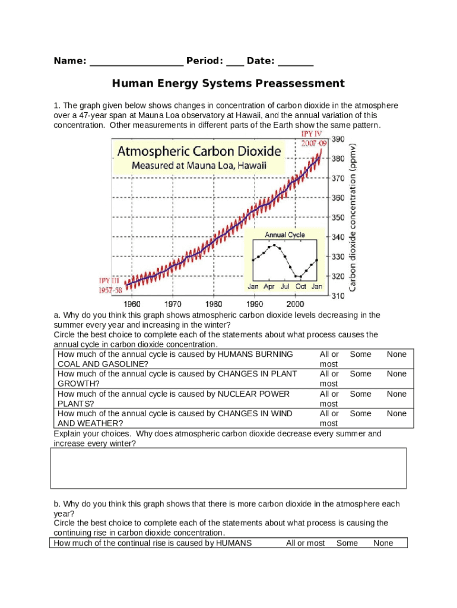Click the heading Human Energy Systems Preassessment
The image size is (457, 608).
[x=228, y=83]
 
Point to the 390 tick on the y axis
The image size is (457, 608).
[x=338, y=139]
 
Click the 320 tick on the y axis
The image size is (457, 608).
[x=338, y=276]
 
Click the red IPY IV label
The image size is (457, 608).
[x=311, y=134]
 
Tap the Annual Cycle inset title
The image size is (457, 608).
[x=285, y=235]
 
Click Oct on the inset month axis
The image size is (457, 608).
[x=301, y=286]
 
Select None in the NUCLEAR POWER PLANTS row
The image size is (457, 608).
[x=396, y=394]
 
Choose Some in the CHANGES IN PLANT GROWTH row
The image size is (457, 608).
[x=360, y=374]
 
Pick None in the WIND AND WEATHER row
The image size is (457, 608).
[x=396, y=413]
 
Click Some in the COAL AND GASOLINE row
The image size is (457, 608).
[x=360, y=354]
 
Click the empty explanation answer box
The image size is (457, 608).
[x=228, y=468]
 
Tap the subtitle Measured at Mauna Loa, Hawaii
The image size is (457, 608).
[x=199, y=166]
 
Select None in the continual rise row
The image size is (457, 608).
[x=383, y=543]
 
